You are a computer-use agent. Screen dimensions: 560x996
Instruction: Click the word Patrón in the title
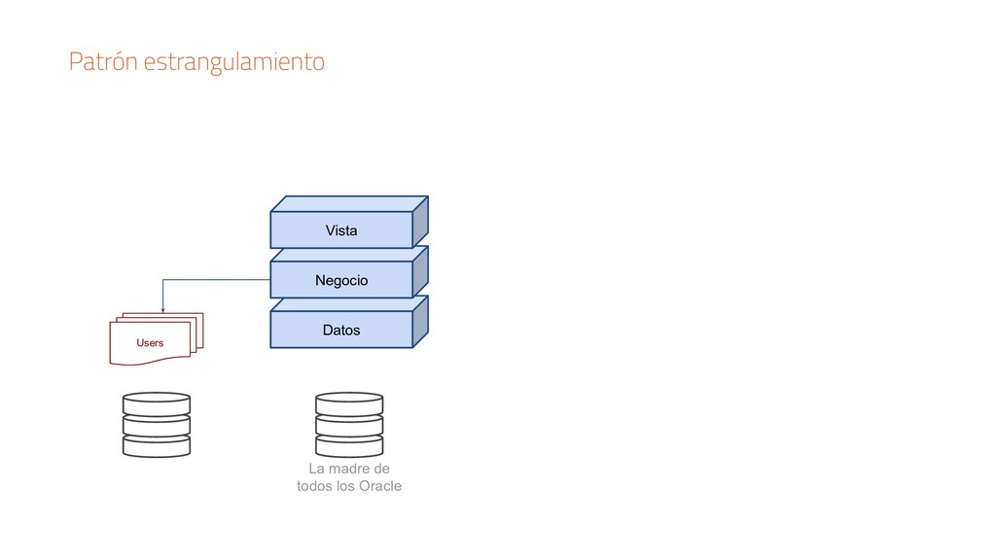(103, 63)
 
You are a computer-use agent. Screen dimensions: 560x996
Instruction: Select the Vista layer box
(340, 230)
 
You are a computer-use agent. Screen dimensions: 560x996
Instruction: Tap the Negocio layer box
(340, 280)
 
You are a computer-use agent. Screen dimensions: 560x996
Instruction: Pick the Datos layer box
(340, 331)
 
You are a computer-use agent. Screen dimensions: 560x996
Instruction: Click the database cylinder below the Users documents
(157, 424)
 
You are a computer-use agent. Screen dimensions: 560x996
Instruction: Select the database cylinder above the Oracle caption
(349, 424)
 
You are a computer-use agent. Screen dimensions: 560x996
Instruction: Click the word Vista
(340, 230)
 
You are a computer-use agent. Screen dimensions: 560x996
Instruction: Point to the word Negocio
(341, 280)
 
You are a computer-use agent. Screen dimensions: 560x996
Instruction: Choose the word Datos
(340, 331)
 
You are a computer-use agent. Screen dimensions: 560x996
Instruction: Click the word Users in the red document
(150, 343)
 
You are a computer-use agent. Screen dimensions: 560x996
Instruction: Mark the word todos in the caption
(314, 486)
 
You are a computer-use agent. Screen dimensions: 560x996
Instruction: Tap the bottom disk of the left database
(157, 445)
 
